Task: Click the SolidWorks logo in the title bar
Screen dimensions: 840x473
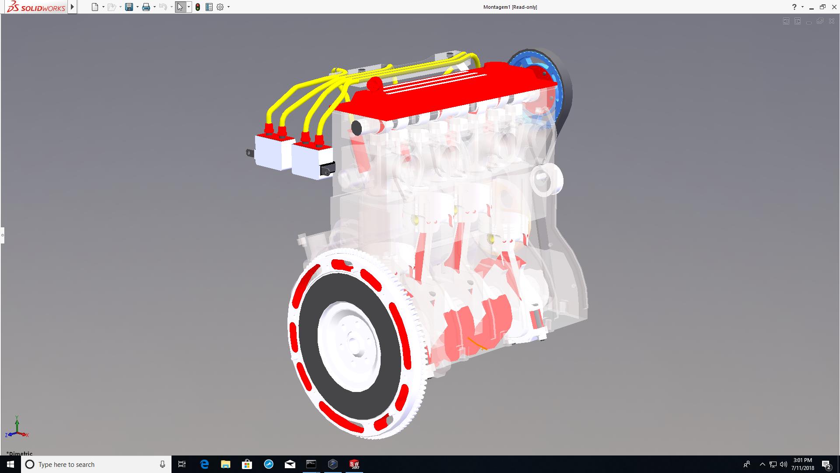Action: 36,7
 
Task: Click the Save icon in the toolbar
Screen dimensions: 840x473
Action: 129,7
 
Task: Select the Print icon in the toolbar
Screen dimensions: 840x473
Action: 146,7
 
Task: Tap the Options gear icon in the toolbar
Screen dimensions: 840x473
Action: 220,7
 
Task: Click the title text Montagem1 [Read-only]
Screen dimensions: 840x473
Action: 510,7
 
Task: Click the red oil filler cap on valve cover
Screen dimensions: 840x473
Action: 374,84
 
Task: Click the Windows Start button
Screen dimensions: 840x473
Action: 10,464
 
